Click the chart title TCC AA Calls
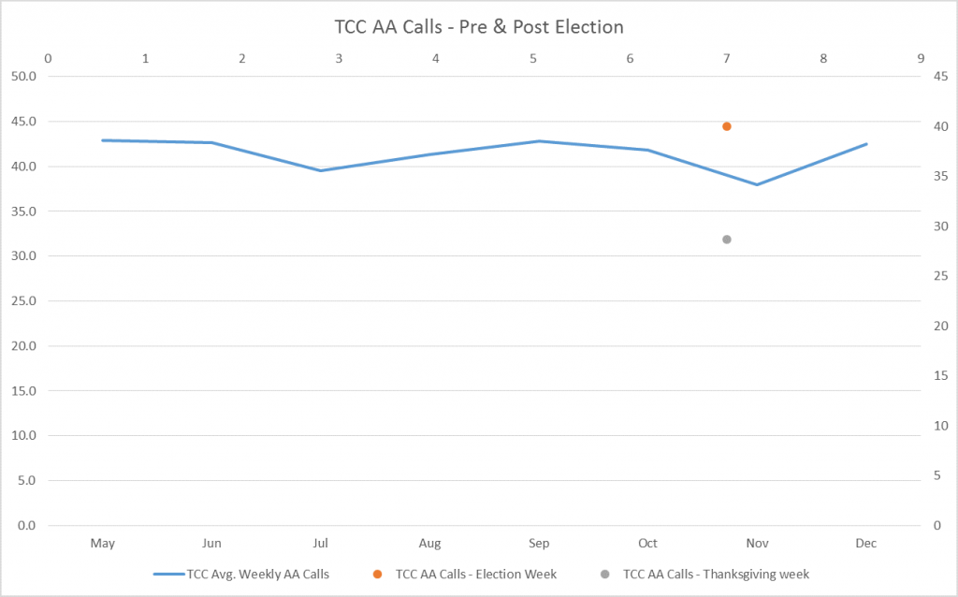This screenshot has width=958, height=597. (478, 26)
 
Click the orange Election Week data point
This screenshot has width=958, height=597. (727, 126)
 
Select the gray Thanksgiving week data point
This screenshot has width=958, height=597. (727, 240)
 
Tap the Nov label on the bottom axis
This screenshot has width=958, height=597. (757, 543)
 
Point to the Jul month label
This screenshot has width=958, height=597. (321, 543)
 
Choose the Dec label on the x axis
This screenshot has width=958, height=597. (866, 543)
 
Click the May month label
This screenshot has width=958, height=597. (103, 543)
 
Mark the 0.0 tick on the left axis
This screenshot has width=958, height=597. (23, 526)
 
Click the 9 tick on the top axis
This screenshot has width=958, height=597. (921, 58)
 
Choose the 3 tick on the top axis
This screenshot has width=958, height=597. (340, 58)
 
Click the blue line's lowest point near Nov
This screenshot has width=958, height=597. (757, 184)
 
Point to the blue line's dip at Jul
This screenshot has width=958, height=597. (321, 170)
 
